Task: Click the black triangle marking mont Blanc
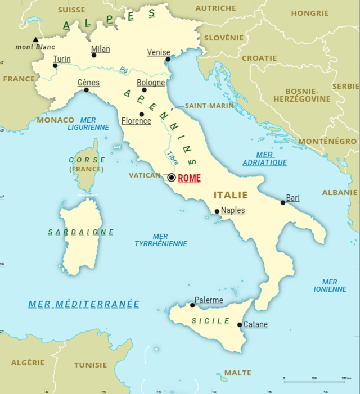click(35, 39)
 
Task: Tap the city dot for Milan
click(94, 55)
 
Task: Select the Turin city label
click(62, 59)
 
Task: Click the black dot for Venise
click(168, 59)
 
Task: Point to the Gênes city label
click(88, 83)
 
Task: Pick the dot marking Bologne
click(144, 90)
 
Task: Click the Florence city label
click(137, 121)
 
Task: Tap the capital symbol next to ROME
click(172, 178)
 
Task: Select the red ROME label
click(189, 178)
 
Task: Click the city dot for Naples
click(217, 212)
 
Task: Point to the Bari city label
click(292, 198)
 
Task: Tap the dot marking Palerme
click(192, 305)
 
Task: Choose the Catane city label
click(255, 324)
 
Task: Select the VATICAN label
click(145, 175)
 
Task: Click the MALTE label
click(238, 373)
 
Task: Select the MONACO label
click(56, 120)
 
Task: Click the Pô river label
click(124, 71)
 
